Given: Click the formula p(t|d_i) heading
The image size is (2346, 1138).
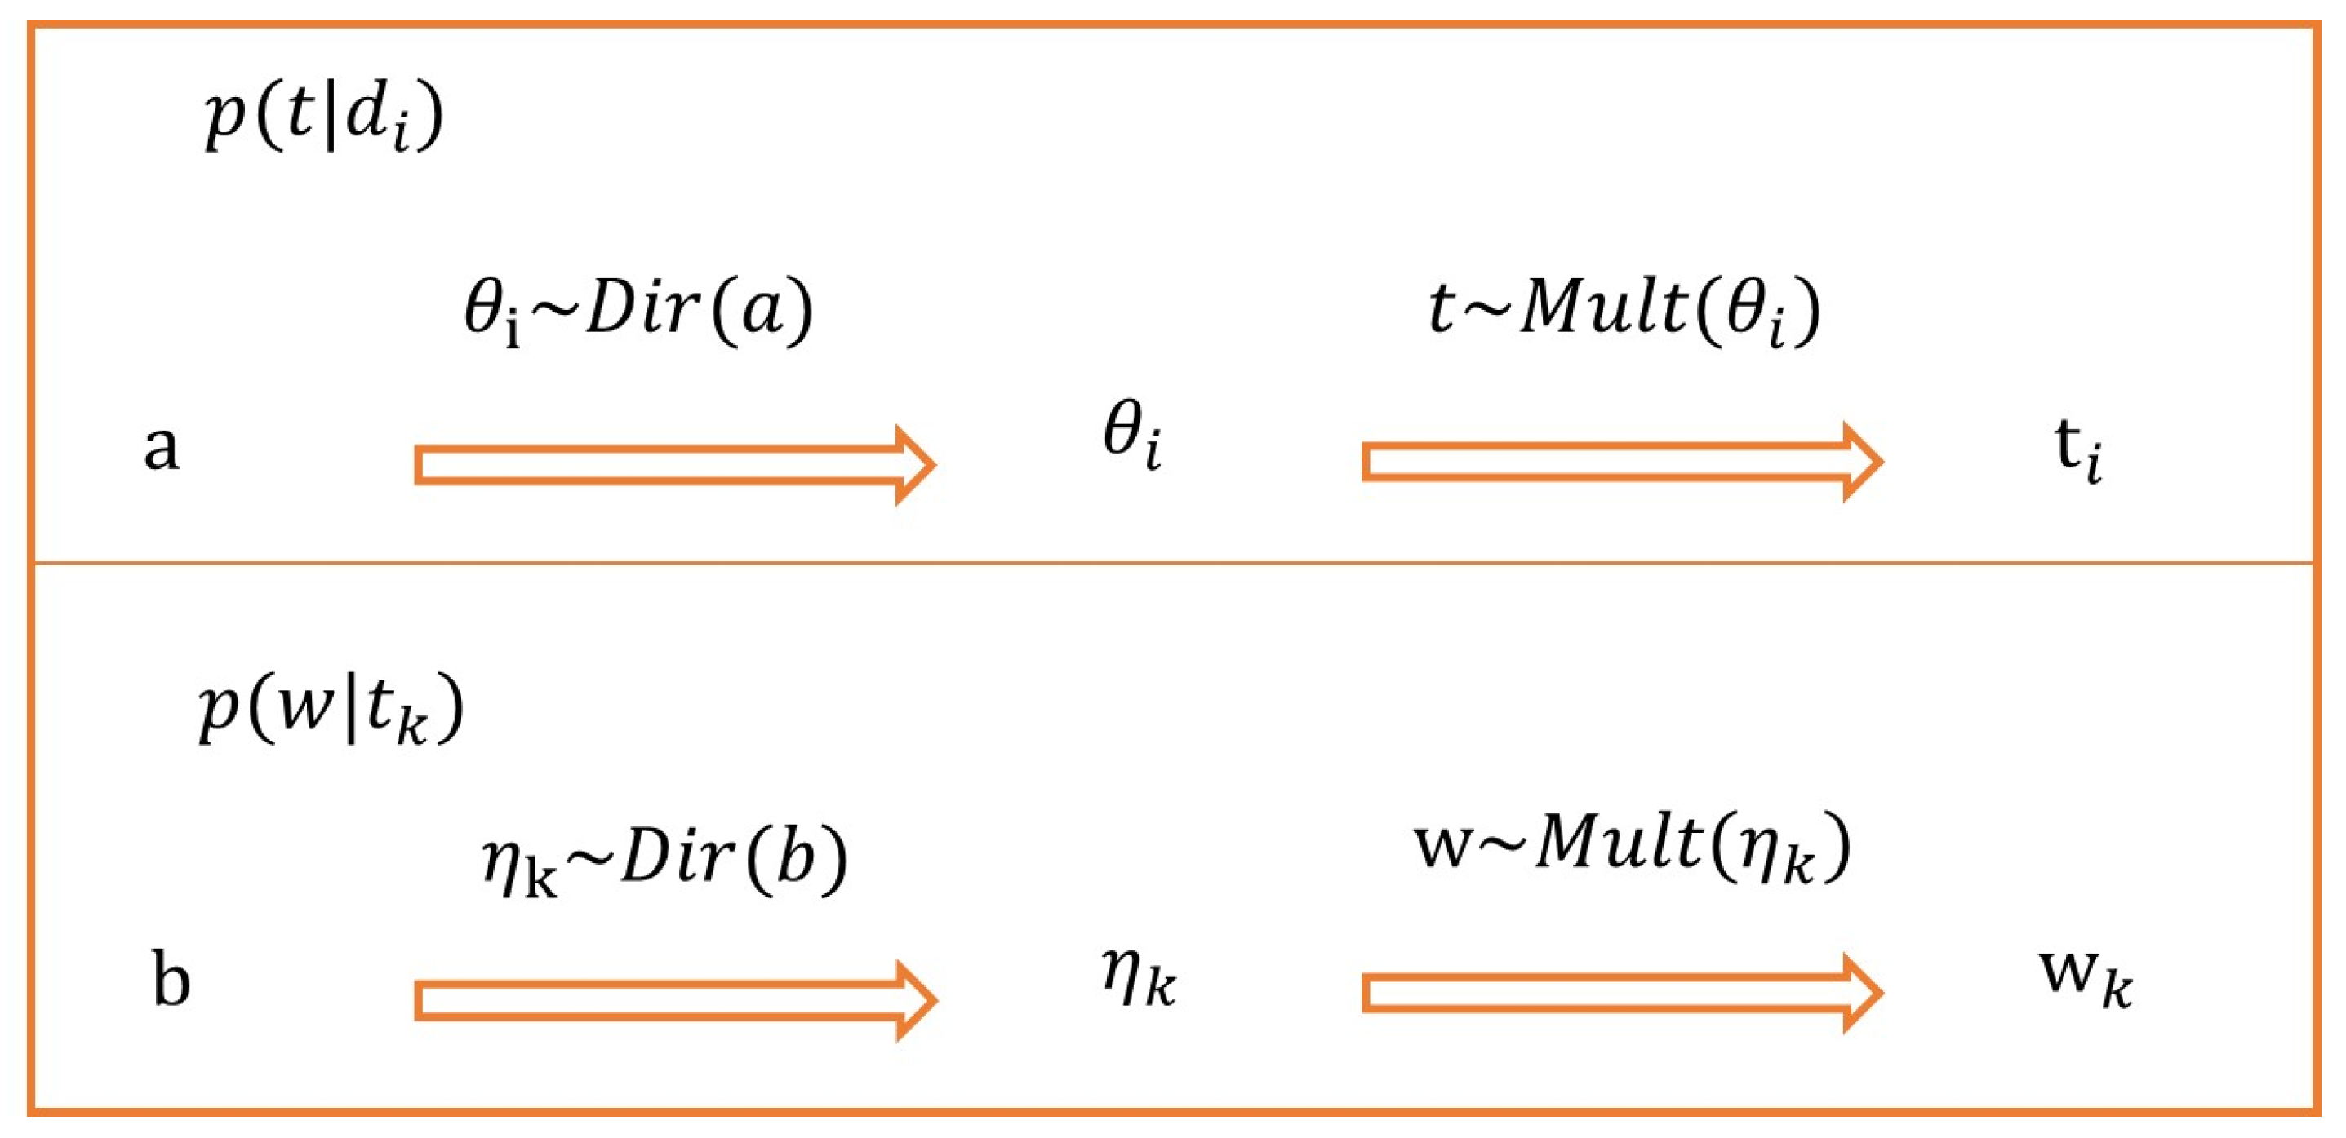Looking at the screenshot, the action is click(x=324, y=117).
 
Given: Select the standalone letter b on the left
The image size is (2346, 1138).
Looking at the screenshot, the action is click(x=171, y=980).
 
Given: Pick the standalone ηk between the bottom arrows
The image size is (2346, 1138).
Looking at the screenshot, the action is click(x=1139, y=976).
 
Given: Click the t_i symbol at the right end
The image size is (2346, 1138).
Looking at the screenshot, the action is click(x=2078, y=449).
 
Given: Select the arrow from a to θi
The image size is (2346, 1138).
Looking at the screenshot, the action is click(x=674, y=464).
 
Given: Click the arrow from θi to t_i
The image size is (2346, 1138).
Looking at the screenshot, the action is click(x=1621, y=462).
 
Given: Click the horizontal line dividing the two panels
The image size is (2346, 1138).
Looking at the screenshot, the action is click(x=1173, y=564).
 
